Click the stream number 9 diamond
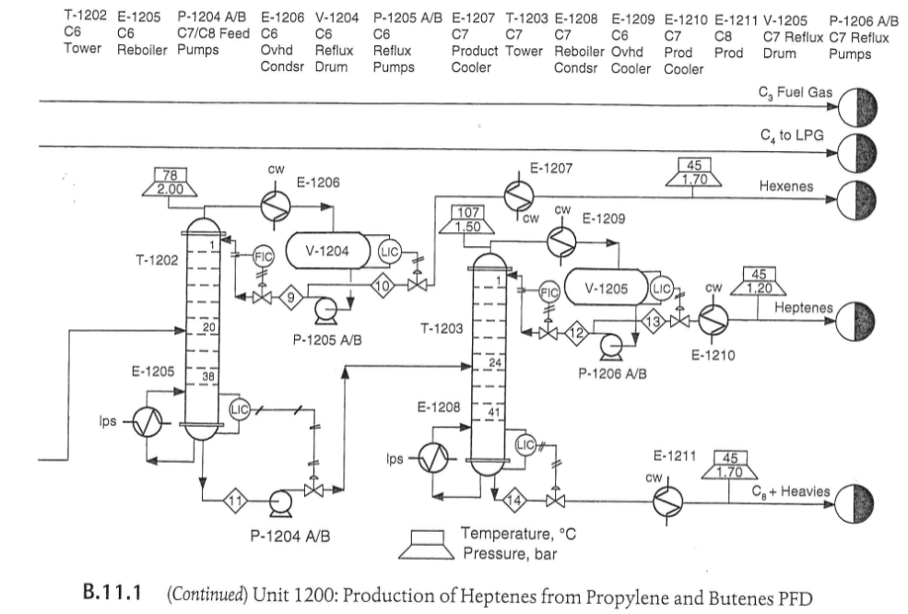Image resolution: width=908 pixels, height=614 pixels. pos(291,297)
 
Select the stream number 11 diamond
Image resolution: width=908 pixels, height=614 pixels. pos(237,502)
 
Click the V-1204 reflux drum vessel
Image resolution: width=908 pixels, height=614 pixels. pos(329,250)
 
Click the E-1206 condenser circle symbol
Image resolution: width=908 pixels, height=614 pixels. pos(274,207)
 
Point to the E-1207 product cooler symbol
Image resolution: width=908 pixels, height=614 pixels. pos(517,195)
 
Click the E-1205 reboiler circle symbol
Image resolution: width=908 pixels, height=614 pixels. pos(145,425)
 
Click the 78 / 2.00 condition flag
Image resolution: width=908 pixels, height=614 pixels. pos(169,183)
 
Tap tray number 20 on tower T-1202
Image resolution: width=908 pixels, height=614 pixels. pos(207,327)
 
